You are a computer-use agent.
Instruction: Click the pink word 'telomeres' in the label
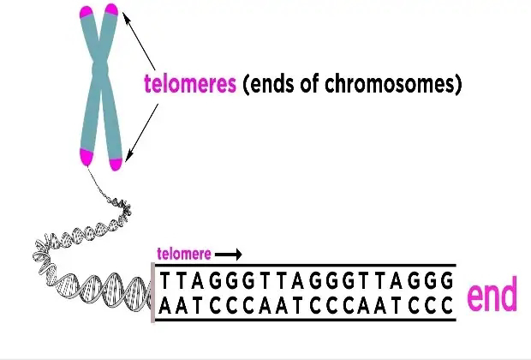coord(189,85)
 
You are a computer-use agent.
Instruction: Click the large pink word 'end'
coord(492,297)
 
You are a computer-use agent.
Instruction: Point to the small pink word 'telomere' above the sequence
coord(183,254)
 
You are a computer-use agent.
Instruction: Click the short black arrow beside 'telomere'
coord(229,254)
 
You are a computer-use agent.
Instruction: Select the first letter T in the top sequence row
coord(166,281)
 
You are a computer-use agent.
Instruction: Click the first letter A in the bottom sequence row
coord(166,304)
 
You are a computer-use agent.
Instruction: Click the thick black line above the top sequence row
coord(304,265)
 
